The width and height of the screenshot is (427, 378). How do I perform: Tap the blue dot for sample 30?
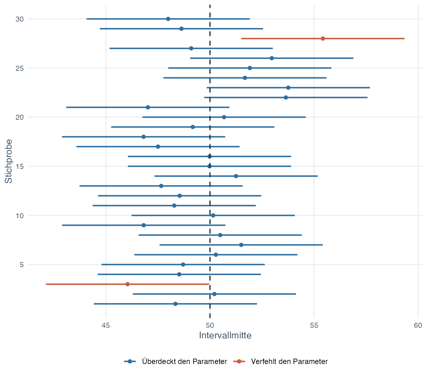pyautogui.click(x=168, y=19)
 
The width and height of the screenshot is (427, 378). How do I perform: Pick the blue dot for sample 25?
pyautogui.click(x=250, y=68)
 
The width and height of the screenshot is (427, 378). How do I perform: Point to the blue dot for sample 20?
pyautogui.click(x=224, y=117)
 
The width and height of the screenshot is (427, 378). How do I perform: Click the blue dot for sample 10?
pyautogui.click(x=213, y=215)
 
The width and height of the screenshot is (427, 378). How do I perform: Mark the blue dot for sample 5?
pyautogui.click(x=183, y=265)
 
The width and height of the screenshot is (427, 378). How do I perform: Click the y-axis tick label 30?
pyautogui.click(x=20, y=19)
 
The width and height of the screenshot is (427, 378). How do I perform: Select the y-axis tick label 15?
pyautogui.click(x=20, y=166)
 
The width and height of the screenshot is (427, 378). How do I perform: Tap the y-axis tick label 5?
pyautogui.click(x=22, y=265)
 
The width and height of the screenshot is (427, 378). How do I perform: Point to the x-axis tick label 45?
pyautogui.click(x=106, y=326)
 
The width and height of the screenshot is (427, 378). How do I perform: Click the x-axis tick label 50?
pyautogui.click(x=210, y=326)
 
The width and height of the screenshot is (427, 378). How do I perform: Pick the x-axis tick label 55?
pyautogui.click(x=314, y=326)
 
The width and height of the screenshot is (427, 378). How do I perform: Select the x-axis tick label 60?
pyautogui.click(x=418, y=326)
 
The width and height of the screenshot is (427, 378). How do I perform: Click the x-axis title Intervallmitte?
pyautogui.click(x=225, y=335)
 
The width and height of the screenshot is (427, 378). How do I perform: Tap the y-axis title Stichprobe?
pyautogui.click(x=9, y=161)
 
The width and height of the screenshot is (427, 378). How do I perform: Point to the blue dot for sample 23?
pyautogui.click(x=288, y=88)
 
